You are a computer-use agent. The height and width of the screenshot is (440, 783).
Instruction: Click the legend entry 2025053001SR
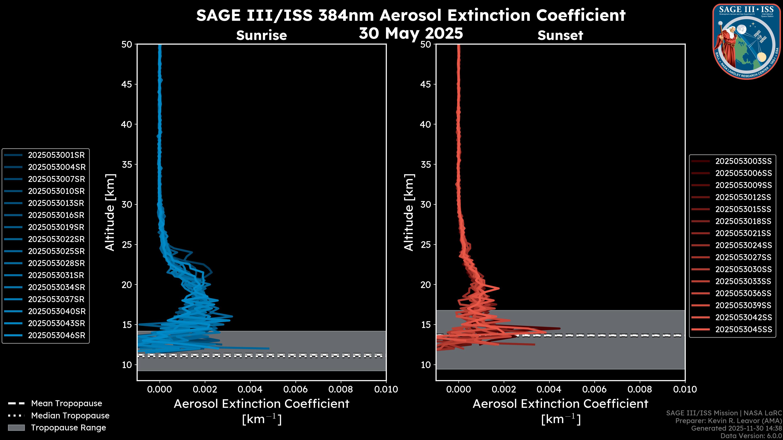click(56, 155)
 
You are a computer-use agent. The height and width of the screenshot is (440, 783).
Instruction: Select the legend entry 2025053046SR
click(56, 335)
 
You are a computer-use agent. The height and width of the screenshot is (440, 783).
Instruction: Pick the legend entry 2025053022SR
click(56, 239)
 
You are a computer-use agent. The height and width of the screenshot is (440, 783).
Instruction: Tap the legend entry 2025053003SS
click(743, 161)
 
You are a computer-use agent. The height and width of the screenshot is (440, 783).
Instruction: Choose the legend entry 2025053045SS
click(743, 329)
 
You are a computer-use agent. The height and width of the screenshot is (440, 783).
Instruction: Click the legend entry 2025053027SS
click(743, 257)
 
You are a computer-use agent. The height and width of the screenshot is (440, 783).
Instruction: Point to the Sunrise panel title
click(261, 35)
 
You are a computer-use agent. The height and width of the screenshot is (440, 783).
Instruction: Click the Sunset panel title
click(560, 35)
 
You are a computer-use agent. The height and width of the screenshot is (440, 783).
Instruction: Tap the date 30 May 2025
click(411, 33)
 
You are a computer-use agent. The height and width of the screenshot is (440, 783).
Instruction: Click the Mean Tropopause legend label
click(66, 404)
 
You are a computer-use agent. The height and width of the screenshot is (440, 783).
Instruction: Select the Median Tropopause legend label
click(70, 416)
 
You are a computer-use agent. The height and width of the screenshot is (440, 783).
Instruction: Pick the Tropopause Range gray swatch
click(16, 428)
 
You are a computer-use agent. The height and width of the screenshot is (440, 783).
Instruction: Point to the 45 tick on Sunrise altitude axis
click(127, 84)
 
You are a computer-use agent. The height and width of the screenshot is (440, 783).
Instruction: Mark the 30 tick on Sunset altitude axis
click(426, 205)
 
